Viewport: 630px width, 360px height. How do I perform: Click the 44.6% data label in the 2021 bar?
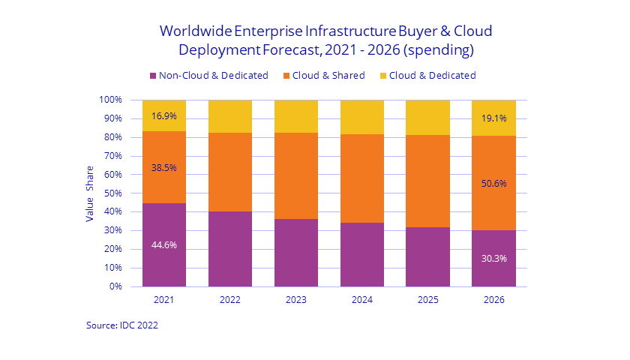pyautogui.click(x=164, y=244)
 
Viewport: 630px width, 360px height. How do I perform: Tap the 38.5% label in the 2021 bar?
pyautogui.click(x=164, y=168)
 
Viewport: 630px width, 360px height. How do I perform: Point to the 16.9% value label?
pyautogui.click(x=164, y=116)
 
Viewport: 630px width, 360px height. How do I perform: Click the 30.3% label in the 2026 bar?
pyautogui.click(x=493, y=259)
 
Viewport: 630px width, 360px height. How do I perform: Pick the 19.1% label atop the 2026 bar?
pyautogui.click(x=493, y=118)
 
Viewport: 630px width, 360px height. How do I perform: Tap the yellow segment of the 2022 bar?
pyautogui.click(x=230, y=116)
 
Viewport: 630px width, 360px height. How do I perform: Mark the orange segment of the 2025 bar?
pyautogui.click(x=427, y=181)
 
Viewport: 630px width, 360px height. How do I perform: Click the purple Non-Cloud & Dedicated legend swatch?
pyautogui.click(x=153, y=76)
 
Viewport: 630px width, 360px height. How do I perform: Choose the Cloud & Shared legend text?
pyautogui.click(x=329, y=76)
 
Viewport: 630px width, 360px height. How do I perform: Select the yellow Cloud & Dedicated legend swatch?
pyautogui.click(x=384, y=76)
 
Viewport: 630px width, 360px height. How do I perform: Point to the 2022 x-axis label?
pyautogui.click(x=230, y=299)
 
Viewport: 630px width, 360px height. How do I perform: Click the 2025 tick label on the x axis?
pyautogui.click(x=427, y=299)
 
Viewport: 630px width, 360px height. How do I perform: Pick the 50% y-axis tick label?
pyautogui.click(x=112, y=193)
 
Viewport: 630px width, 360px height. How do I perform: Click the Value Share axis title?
pyautogui.click(x=89, y=193)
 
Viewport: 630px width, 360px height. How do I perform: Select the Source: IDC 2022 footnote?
pyautogui.click(x=121, y=325)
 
